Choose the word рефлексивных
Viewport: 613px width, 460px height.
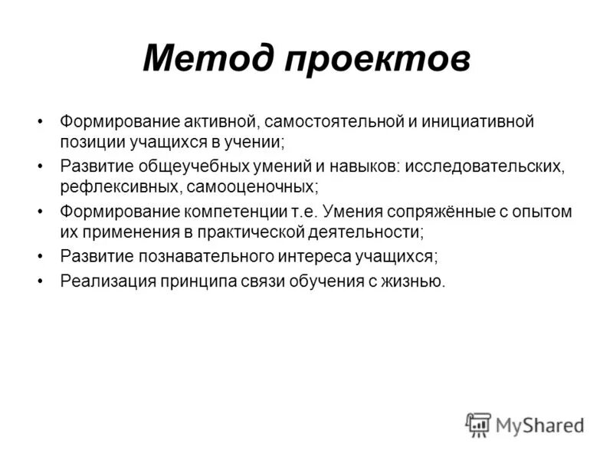[110, 186]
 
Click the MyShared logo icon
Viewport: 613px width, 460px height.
[478, 424]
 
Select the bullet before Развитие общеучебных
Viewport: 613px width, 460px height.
[40, 166]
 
